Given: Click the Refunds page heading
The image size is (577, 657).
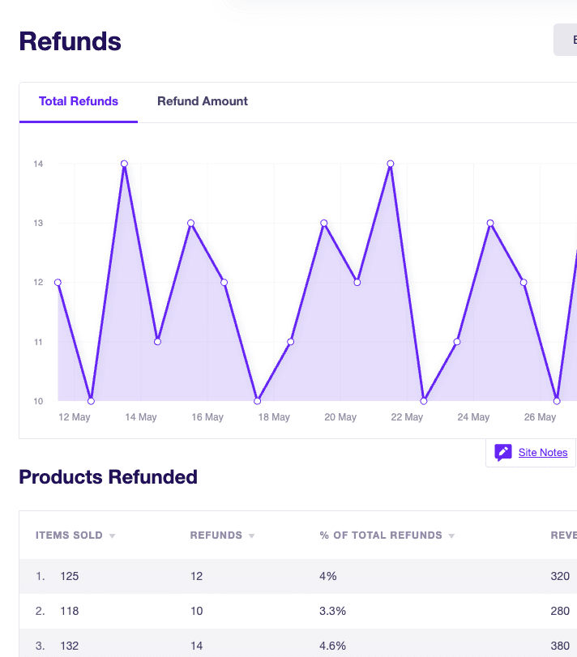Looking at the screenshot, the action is [70, 41].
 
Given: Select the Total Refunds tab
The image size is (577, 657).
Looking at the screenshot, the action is [79, 101].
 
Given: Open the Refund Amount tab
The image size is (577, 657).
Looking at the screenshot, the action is [203, 101].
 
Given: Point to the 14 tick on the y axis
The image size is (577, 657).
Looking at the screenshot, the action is [38, 164].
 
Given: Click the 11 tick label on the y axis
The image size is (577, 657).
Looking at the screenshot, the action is [38, 342].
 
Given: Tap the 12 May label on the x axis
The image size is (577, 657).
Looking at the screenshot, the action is [75, 417].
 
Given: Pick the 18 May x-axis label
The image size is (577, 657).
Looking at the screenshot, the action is [274, 417].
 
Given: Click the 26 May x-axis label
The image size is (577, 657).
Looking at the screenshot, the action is [540, 417].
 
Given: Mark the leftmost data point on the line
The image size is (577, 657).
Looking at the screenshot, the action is [58, 283].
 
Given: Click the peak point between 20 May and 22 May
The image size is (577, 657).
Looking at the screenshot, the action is [391, 164].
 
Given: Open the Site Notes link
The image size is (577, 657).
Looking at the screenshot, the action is [543, 453].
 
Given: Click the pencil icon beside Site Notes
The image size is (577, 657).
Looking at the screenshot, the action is [502, 453].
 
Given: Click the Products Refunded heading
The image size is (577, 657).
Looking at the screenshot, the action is [108, 477].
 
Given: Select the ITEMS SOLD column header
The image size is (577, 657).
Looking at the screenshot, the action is [69, 535].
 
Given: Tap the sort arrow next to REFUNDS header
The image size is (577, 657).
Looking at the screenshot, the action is [251, 536].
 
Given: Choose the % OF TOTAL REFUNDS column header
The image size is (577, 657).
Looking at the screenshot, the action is [381, 535].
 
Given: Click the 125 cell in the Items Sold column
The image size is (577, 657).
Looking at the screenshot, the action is [70, 576].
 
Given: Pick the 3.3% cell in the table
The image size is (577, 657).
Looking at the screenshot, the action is [333, 611].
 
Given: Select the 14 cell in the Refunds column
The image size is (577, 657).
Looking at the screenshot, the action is [197, 646].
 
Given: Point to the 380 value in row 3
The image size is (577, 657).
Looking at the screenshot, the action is [560, 646].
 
